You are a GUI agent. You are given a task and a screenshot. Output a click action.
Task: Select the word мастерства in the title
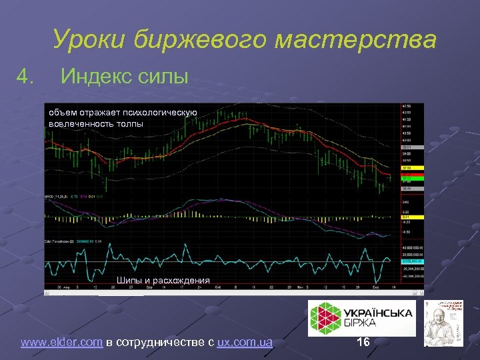coord(357,40)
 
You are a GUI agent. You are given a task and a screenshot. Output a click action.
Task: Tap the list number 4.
coord(26,77)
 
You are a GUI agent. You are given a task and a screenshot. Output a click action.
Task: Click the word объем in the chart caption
coord(60,113)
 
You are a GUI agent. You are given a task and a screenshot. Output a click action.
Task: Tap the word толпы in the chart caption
coord(129,123)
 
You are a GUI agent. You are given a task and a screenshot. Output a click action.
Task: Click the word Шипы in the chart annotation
coord(128,280)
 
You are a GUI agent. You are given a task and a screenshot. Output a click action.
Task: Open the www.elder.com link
coord(61,343)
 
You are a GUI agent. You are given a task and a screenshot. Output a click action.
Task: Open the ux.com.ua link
coord(245,343)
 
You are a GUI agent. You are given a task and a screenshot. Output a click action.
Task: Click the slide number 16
coord(363,342)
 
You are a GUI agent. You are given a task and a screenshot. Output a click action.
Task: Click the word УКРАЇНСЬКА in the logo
coord(378,312)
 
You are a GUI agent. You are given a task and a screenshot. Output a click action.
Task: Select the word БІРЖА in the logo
coord(361,323)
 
